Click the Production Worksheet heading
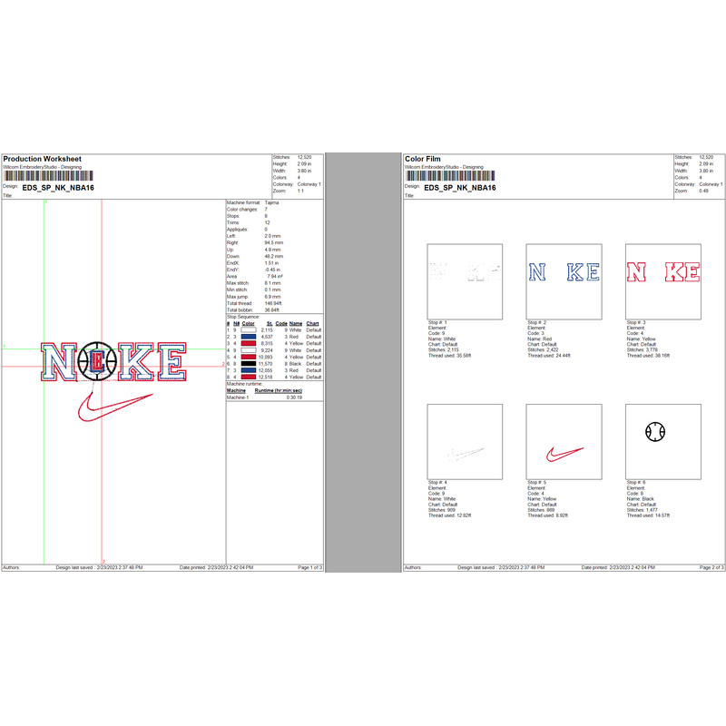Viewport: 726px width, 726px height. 42,159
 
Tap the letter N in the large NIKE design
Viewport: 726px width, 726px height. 61,363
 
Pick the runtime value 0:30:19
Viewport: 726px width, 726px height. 295,397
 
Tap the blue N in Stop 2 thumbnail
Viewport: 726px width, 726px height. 537,272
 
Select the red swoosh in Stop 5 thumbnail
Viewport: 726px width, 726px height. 563,453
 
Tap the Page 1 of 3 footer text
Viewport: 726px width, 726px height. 309,567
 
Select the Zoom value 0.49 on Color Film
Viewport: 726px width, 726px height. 704,190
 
